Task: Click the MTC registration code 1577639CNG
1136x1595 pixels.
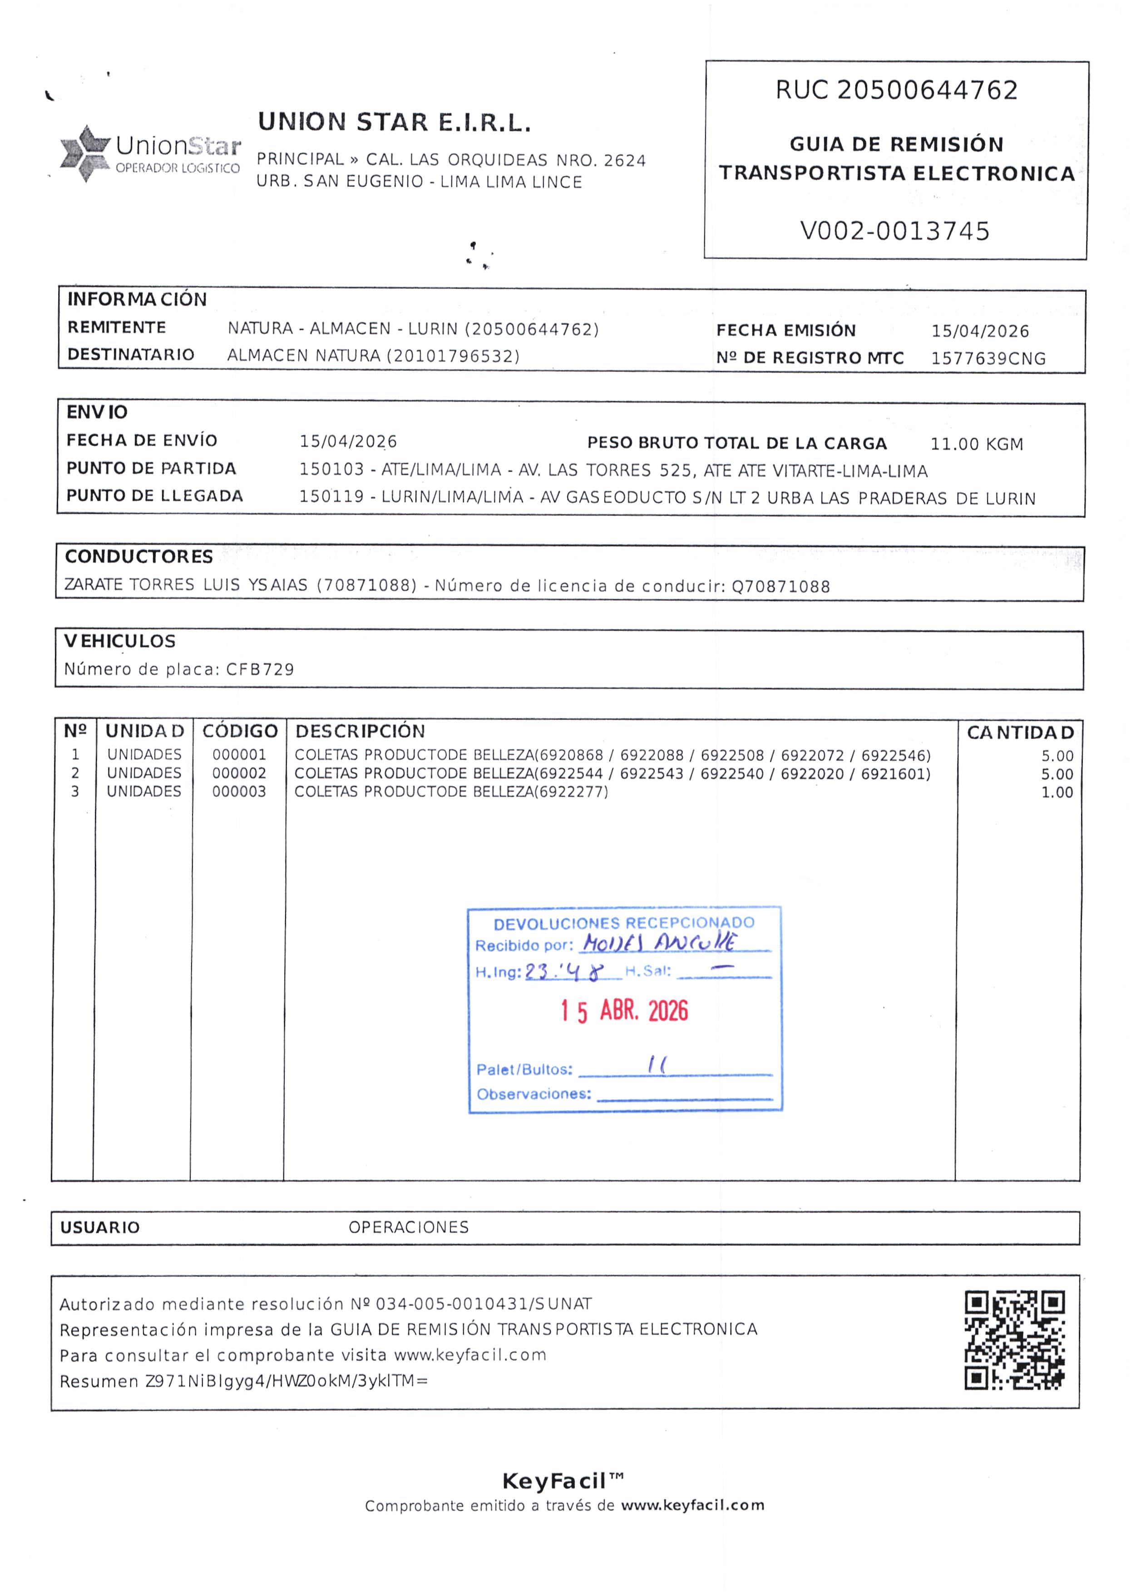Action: [x=988, y=359]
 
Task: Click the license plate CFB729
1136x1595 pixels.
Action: [x=260, y=669]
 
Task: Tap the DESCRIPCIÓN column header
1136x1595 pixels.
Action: [x=360, y=731]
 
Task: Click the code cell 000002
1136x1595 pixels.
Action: [x=239, y=773]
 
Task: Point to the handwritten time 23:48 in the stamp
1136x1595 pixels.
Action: [x=563, y=972]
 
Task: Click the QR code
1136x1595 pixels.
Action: [x=1014, y=1340]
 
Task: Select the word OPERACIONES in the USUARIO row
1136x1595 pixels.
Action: [x=409, y=1227]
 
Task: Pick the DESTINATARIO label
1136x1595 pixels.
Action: [x=131, y=355]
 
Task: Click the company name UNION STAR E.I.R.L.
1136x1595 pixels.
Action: [x=395, y=123]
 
